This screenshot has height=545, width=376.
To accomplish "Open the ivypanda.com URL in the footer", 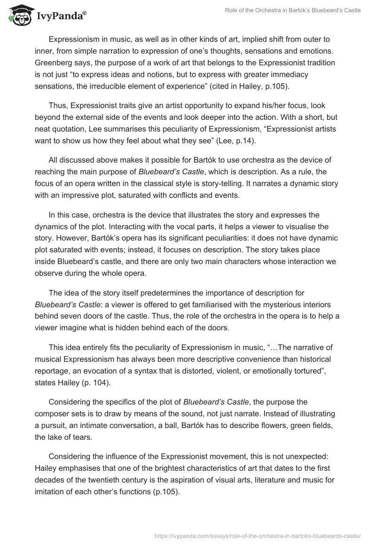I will coord(258,535).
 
